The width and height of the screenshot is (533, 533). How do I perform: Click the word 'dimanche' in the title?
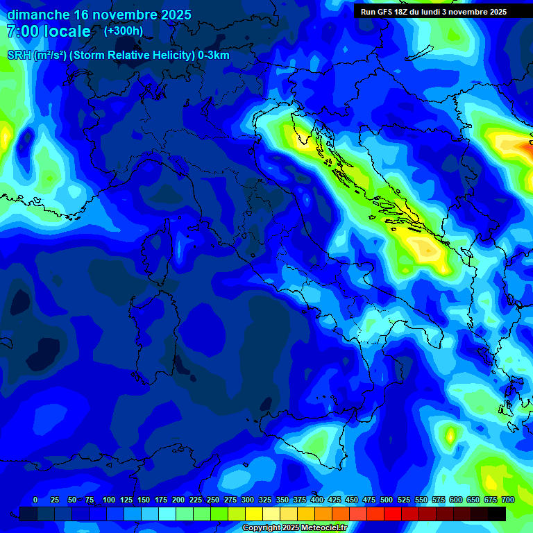coord(38,15)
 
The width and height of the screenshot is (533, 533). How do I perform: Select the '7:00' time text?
coord(22,31)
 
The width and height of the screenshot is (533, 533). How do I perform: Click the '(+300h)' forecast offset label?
coord(124,31)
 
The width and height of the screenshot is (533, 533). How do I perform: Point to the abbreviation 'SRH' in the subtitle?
coord(19,56)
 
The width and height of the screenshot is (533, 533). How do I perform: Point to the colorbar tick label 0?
coord(35,500)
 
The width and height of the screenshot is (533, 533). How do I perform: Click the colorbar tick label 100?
coord(109,500)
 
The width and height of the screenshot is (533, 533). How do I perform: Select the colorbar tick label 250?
coord(213,500)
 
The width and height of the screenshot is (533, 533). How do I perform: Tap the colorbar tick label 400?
coord(317,500)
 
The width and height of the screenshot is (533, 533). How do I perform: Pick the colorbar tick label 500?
coord(387,500)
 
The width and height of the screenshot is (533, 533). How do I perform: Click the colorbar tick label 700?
coord(507,500)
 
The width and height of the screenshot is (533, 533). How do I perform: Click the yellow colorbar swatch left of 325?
coord(254,514)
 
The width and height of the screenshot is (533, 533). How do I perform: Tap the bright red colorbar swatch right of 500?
coord(393,514)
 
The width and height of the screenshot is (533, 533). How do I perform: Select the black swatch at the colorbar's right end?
coord(497,514)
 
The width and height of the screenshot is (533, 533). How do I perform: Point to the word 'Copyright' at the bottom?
coord(262,528)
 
